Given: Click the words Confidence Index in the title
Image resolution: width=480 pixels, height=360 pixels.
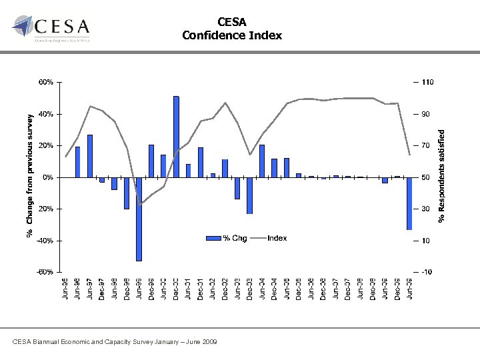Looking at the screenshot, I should [232, 35].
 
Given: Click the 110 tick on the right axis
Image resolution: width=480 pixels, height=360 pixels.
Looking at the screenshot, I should [427, 83].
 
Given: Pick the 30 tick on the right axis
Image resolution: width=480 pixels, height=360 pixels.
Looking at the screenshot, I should [425, 209].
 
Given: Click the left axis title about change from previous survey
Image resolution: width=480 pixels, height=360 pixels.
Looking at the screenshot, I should [29, 175].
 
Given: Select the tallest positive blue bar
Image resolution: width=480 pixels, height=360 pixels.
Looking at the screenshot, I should [176, 137].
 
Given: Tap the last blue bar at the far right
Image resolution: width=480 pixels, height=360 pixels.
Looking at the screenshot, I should [409, 203].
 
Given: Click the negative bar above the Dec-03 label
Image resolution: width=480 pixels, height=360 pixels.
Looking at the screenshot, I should [249, 195].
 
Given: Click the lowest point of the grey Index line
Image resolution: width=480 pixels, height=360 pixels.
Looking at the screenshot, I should [140, 203].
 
